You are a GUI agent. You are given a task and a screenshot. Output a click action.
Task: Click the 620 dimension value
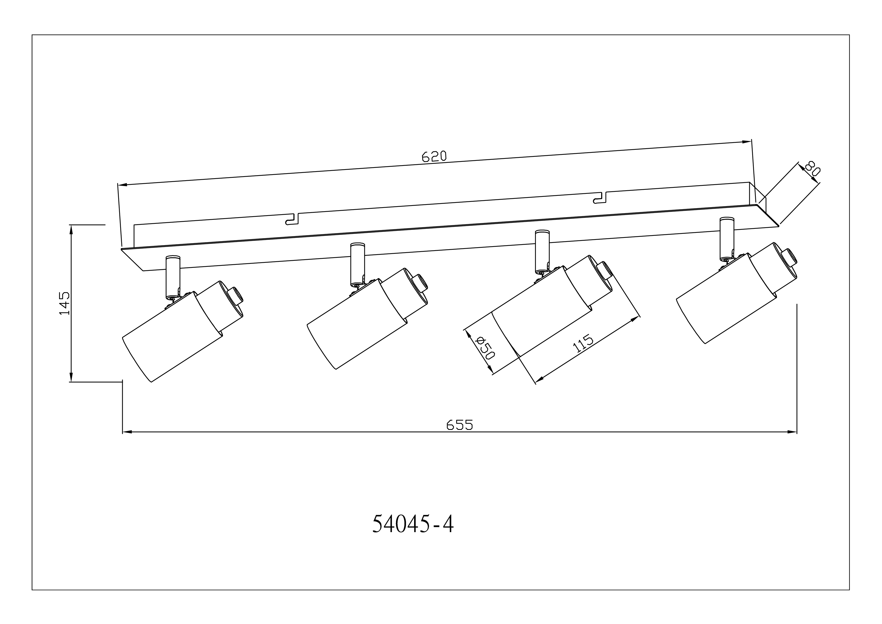pos(434,157)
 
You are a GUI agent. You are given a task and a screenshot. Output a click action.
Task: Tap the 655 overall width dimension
pos(459,425)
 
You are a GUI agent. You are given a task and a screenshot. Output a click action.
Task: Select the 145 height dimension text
pos(65,303)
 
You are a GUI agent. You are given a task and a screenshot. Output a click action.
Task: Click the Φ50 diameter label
pos(484,348)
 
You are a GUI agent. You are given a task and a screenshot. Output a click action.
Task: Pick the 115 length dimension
pos(583,344)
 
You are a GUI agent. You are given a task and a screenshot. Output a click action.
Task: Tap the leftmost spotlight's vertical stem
pos(173,277)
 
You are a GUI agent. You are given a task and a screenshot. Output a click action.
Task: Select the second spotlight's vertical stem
pos(358,265)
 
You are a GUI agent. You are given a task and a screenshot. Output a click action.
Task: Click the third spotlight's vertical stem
pos(542,252)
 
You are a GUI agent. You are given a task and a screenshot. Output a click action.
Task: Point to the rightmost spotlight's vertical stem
pos(727,239)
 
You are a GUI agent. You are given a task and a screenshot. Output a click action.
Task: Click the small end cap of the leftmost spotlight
pos(235,296)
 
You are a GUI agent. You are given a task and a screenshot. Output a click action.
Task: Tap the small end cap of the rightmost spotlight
pos(789,258)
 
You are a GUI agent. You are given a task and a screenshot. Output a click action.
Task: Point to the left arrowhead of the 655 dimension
pos(127,432)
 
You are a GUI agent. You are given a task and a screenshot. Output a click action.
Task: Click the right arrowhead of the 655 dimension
pos(792,432)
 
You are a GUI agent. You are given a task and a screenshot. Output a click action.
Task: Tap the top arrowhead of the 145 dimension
pos(71,230)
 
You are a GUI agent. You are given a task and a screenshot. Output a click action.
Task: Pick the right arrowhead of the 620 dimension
pos(746,142)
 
